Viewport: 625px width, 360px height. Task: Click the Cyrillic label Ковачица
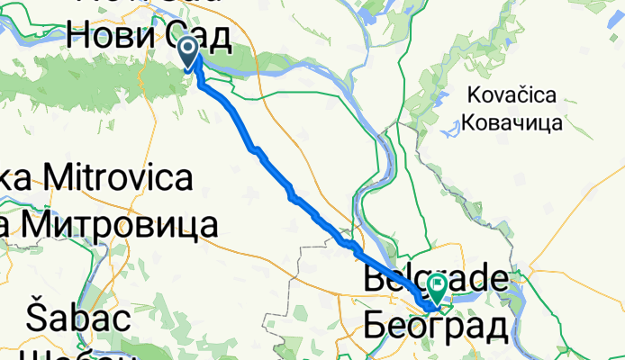tap(512, 121)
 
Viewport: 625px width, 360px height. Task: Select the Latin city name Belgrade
tap(437, 279)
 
